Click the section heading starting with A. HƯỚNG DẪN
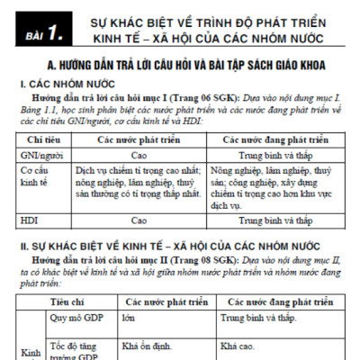pos(188,65)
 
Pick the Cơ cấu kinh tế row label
pos(38,175)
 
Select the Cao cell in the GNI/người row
pos(139,155)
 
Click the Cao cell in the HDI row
pos(139,219)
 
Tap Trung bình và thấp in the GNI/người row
pos(278,155)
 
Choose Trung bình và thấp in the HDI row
pos(278,219)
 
